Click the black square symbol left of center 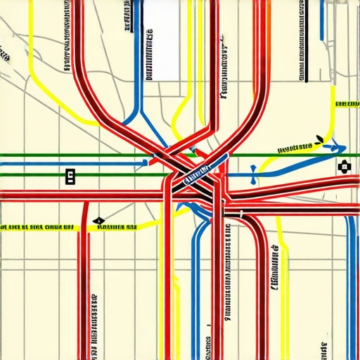(70, 176)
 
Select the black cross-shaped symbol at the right (343, 167)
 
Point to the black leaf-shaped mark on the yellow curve (319, 139)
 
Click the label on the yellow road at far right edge (347, 105)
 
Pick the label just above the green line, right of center (294, 148)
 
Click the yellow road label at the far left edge (37, 228)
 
